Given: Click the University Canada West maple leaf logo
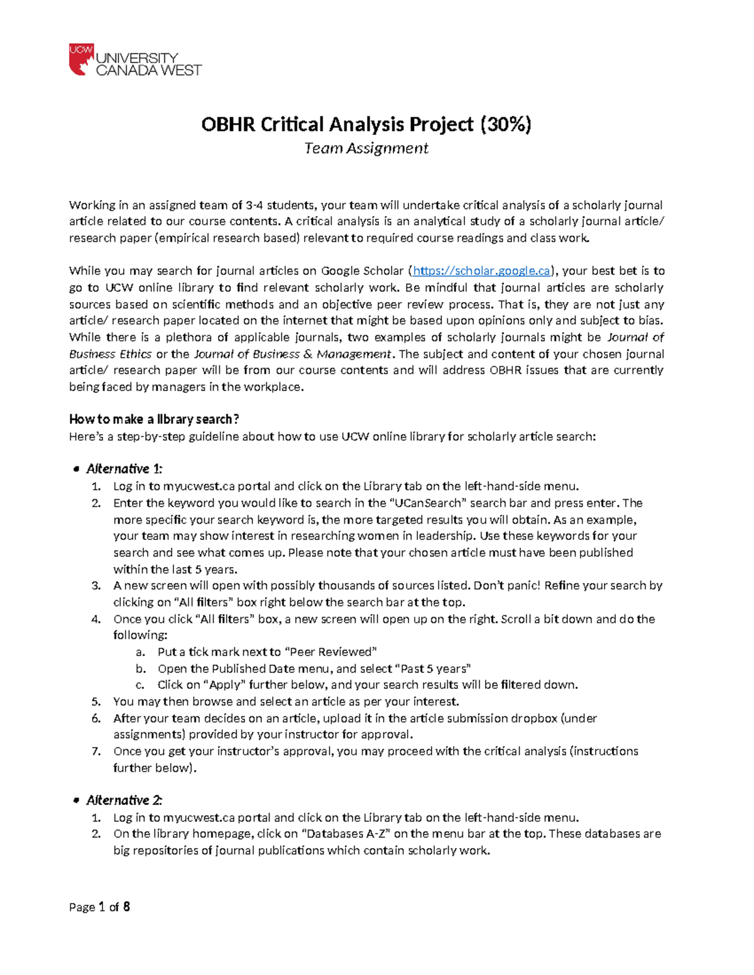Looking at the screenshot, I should (81, 60).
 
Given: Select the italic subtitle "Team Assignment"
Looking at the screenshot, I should (366, 148).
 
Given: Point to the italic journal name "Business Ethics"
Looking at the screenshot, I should (110, 354).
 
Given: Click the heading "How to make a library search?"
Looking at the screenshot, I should (154, 419).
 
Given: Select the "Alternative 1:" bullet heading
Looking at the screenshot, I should (124, 469).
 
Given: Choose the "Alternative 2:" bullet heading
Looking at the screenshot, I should (124, 800).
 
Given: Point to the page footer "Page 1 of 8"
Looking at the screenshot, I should (99, 907).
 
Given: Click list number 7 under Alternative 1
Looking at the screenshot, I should (96, 751).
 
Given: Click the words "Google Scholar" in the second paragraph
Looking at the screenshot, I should (362, 271).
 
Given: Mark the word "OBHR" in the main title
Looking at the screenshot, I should (228, 124).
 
